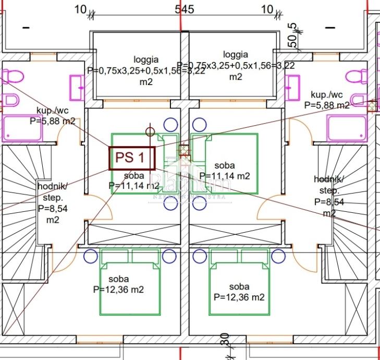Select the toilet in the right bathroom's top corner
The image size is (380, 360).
(361, 76)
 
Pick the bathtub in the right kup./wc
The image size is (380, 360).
(346, 128)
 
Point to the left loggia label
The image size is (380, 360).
(146, 59)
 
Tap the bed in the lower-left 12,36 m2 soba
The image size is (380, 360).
(130, 282)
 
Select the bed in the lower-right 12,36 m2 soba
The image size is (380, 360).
(239, 282)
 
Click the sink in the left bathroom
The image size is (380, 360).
(77, 88)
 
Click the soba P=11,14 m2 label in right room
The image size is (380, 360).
(225, 171)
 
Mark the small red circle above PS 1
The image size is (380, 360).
(150, 132)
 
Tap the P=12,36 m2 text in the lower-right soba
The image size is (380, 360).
(239, 297)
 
